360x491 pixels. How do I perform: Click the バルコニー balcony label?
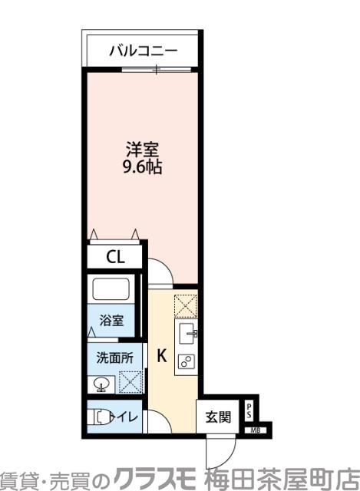pyautogui.click(x=143, y=51)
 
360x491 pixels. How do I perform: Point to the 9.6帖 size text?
pyautogui.click(x=143, y=168)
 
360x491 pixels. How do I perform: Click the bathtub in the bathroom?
pyautogui.click(x=113, y=291)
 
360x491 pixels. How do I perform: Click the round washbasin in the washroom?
pyautogui.click(x=100, y=383)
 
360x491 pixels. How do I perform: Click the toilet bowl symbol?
pyautogui.click(x=102, y=418)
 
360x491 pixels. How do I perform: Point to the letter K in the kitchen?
pyautogui.click(x=163, y=355)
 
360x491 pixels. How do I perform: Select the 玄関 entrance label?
pyautogui.click(x=217, y=417)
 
